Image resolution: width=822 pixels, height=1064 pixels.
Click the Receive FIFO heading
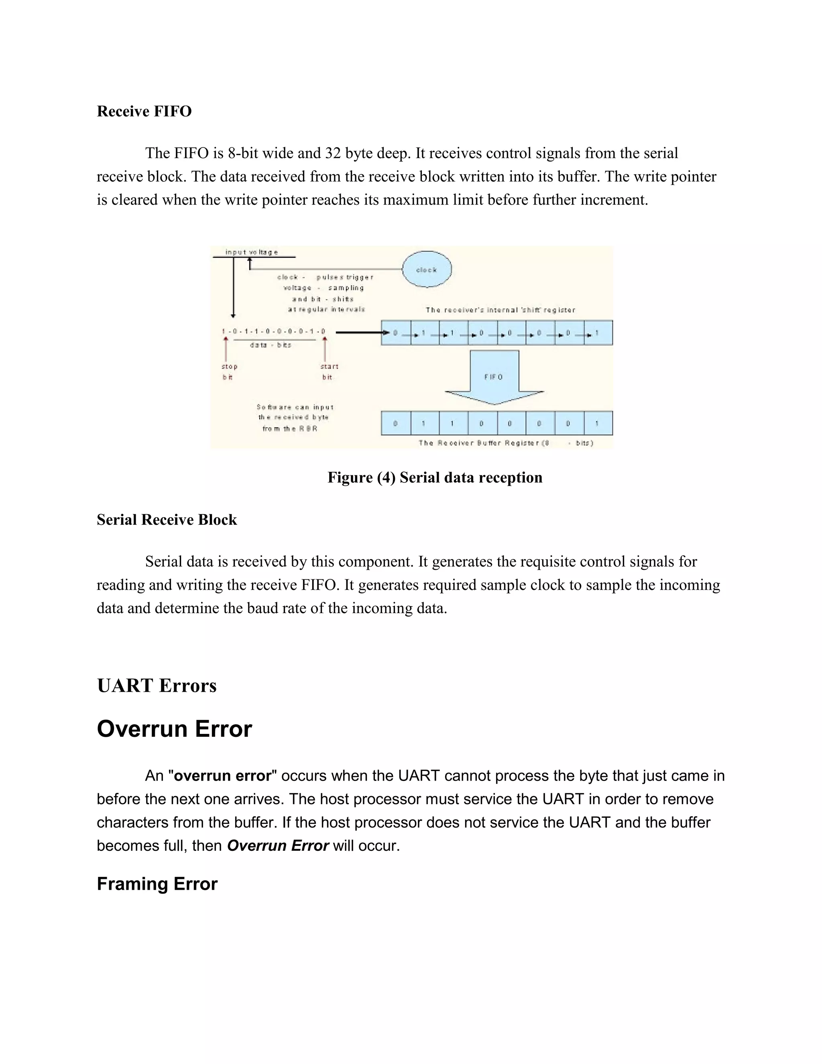tap(144, 112)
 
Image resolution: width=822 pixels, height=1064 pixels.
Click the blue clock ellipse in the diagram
tap(427, 269)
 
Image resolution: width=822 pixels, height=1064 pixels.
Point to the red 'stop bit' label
tap(229, 371)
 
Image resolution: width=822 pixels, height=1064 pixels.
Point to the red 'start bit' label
tap(329, 371)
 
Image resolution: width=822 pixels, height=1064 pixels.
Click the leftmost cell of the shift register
tap(395, 333)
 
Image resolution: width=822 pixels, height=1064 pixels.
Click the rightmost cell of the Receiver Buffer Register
tap(598, 423)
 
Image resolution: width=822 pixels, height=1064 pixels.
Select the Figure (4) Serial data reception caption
tap(434, 477)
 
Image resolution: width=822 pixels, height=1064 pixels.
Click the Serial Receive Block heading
tap(167, 520)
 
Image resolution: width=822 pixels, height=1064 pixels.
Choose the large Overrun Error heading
tap(174, 729)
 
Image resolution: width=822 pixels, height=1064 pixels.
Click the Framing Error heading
tap(157, 884)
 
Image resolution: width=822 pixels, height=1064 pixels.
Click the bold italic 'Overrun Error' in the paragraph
tap(278, 845)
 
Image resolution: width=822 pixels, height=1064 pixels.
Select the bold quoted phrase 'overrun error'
tap(222, 776)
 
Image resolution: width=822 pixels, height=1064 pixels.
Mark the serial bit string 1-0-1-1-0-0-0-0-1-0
tap(273, 332)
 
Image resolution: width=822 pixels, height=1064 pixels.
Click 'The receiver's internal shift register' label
tap(500, 310)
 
